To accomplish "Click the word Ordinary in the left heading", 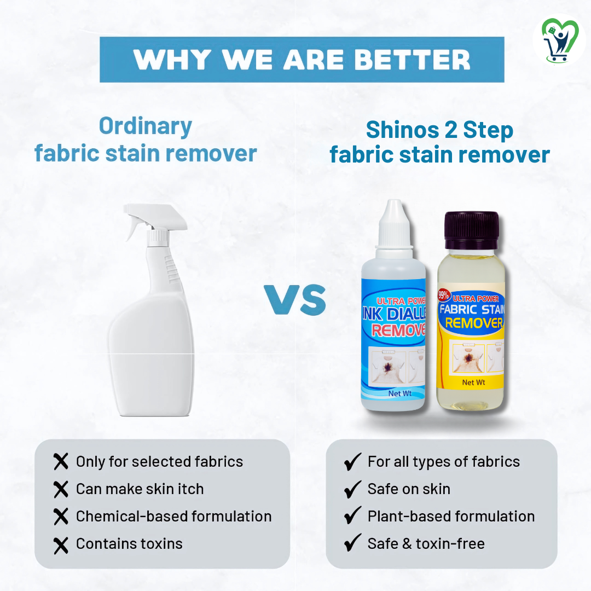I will (146, 126).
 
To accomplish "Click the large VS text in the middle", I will (296, 300).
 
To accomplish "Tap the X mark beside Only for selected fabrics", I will (61, 462).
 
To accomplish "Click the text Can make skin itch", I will (140, 489).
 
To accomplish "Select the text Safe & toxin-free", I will (426, 543).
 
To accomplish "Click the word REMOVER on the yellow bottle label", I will (474, 323).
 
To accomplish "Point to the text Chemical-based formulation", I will (173, 516).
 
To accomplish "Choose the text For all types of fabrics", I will (443, 462).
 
